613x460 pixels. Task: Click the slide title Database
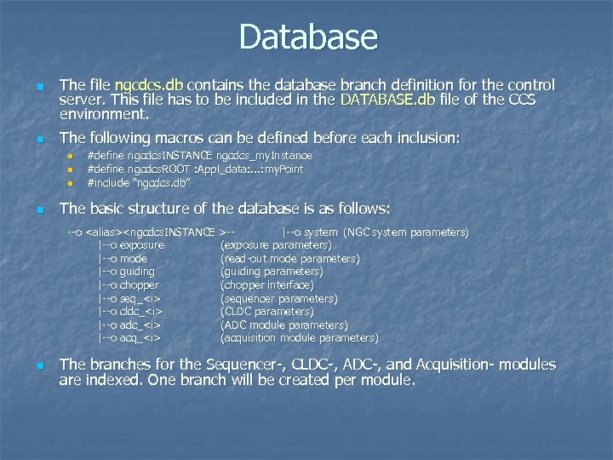[307, 37]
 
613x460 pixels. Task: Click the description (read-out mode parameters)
[289, 259]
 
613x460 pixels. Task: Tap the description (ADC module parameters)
[284, 325]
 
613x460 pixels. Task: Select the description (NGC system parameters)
[405, 232]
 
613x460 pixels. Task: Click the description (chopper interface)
[266, 285]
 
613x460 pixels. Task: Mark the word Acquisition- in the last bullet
[459, 365]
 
